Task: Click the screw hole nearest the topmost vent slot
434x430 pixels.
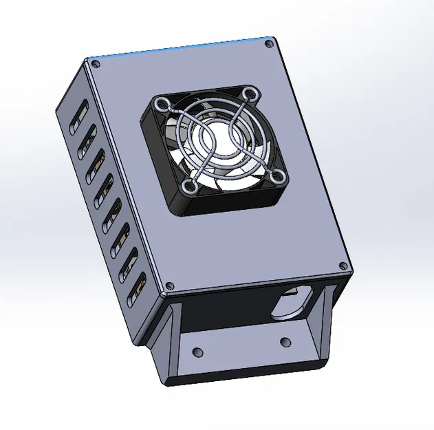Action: point(96,64)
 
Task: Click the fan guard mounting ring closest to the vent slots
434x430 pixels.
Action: point(164,105)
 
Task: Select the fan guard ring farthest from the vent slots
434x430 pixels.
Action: point(278,178)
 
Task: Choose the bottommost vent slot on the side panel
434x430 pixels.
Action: point(140,286)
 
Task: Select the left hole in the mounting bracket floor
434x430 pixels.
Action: point(198,352)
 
